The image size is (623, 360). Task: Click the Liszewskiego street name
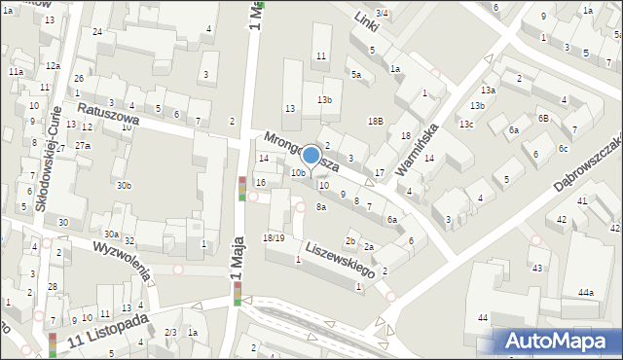(338, 262)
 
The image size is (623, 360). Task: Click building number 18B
(375, 121)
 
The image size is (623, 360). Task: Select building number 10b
(298, 173)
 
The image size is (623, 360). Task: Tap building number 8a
(320, 206)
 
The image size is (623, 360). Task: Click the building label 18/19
(274, 237)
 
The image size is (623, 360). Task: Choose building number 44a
(585, 292)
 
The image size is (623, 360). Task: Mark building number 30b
(123, 185)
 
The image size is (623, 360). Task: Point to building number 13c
(467, 124)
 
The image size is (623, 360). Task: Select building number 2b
(350, 240)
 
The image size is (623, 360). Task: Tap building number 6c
(563, 148)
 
